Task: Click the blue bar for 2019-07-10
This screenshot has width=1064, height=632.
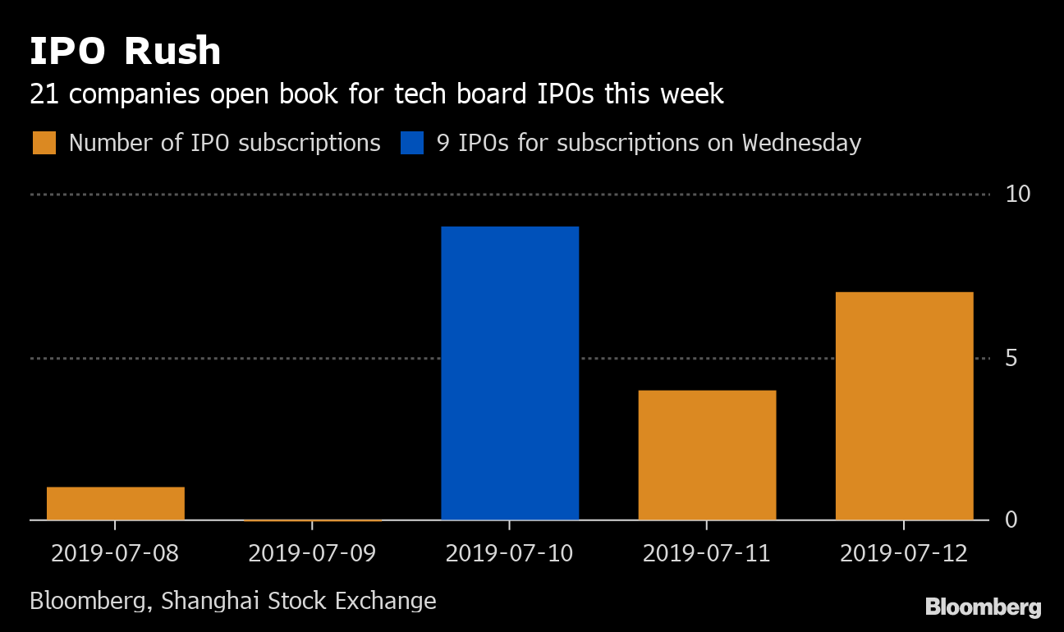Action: click(x=510, y=373)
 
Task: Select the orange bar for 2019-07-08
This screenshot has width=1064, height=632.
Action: click(x=116, y=504)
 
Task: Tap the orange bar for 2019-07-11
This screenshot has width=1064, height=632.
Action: click(x=707, y=456)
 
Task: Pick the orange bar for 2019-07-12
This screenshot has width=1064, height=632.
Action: click(x=904, y=406)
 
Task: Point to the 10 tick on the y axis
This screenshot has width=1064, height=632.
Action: click(x=1018, y=195)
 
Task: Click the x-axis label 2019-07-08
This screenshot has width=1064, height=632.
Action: click(x=115, y=553)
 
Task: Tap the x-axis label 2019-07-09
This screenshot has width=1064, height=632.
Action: click(x=312, y=553)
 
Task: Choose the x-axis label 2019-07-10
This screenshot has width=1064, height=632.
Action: click(x=509, y=553)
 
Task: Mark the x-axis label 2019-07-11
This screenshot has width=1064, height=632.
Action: click(x=707, y=553)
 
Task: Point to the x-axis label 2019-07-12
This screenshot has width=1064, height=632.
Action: click(x=904, y=553)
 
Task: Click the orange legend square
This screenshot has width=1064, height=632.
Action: click(x=44, y=143)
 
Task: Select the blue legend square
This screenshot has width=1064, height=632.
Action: click(x=412, y=143)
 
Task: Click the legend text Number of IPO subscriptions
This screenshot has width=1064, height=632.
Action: click(x=225, y=143)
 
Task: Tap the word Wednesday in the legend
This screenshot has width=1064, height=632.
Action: click(x=801, y=143)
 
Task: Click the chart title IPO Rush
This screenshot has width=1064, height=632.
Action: click(x=126, y=51)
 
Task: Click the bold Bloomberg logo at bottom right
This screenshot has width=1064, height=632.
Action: click(x=983, y=608)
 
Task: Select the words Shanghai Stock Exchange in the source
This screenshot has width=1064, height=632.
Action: click(x=299, y=601)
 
